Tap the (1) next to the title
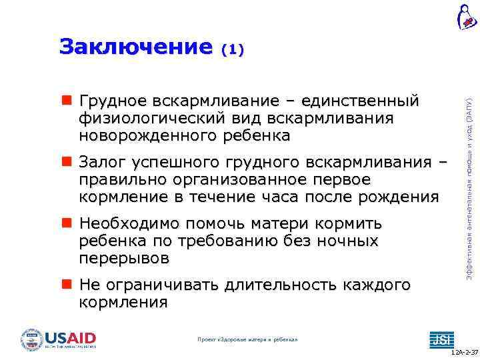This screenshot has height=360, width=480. [233, 49]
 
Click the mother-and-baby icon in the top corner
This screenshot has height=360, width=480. [467, 17]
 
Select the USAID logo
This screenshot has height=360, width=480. [59, 339]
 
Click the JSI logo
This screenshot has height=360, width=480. [440, 339]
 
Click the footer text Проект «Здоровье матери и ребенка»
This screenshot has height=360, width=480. [248, 340]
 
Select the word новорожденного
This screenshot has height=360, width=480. [147, 136]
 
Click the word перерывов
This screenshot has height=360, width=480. [124, 258]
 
